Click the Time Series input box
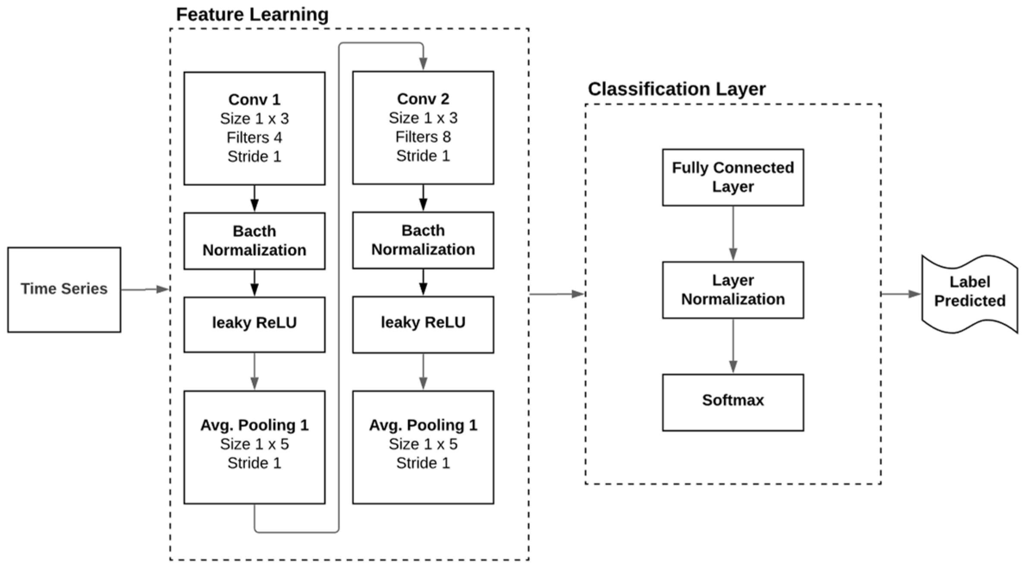(64, 289)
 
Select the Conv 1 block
(254, 128)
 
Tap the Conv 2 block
(423, 127)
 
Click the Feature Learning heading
(252, 15)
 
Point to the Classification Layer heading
(676, 89)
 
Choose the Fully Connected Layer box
(733, 177)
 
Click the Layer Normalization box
(733, 290)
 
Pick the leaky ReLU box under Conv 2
(423, 323)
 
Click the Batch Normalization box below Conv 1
(254, 241)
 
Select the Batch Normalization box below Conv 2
(423, 240)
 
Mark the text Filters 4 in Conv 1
(254, 138)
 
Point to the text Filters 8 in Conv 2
(423, 137)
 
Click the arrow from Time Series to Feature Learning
(145, 289)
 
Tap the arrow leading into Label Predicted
(901, 294)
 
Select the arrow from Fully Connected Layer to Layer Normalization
(733, 233)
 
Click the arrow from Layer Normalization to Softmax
(733, 346)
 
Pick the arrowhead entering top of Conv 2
(423, 64)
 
